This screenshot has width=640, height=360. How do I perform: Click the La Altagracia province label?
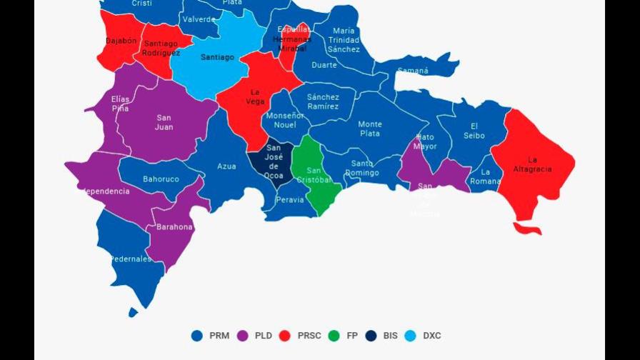[532, 164]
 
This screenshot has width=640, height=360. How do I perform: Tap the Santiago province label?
[217, 57]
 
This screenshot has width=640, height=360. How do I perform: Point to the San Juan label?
[165, 122]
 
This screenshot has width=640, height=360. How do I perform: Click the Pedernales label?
[131, 259]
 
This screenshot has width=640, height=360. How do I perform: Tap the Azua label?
[226, 166]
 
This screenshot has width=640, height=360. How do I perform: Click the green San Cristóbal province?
[314, 175]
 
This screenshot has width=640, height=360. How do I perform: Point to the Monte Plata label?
[370, 129]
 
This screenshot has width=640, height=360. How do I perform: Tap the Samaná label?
[413, 71]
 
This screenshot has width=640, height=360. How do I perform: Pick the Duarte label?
[324, 65]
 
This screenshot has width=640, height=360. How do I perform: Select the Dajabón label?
[121, 41]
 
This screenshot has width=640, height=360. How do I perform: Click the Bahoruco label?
[161, 179]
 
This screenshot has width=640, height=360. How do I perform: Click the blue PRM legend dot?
[197, 335]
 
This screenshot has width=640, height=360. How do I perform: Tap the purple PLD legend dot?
[242, 335]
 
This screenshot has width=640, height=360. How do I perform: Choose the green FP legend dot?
[334, 335]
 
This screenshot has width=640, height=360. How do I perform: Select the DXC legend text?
[431, 335]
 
